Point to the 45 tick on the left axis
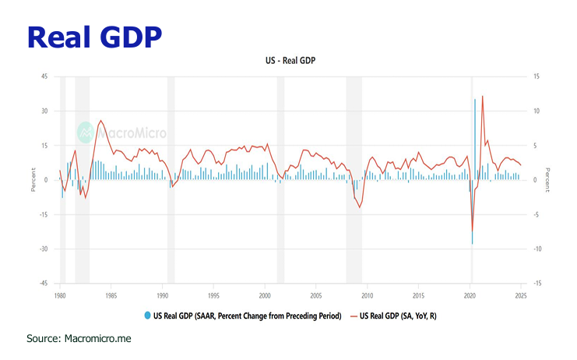pos(44,76)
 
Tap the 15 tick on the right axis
pos(535,76)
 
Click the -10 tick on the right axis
pos(537,249)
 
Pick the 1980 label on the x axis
pos(59,296)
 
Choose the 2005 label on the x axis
pos(316,296)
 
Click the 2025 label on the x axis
pos(521,296)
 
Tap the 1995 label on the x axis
pos(213,296)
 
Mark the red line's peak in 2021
pos(483,97)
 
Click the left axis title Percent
pos(33,180)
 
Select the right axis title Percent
pos(547,180)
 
